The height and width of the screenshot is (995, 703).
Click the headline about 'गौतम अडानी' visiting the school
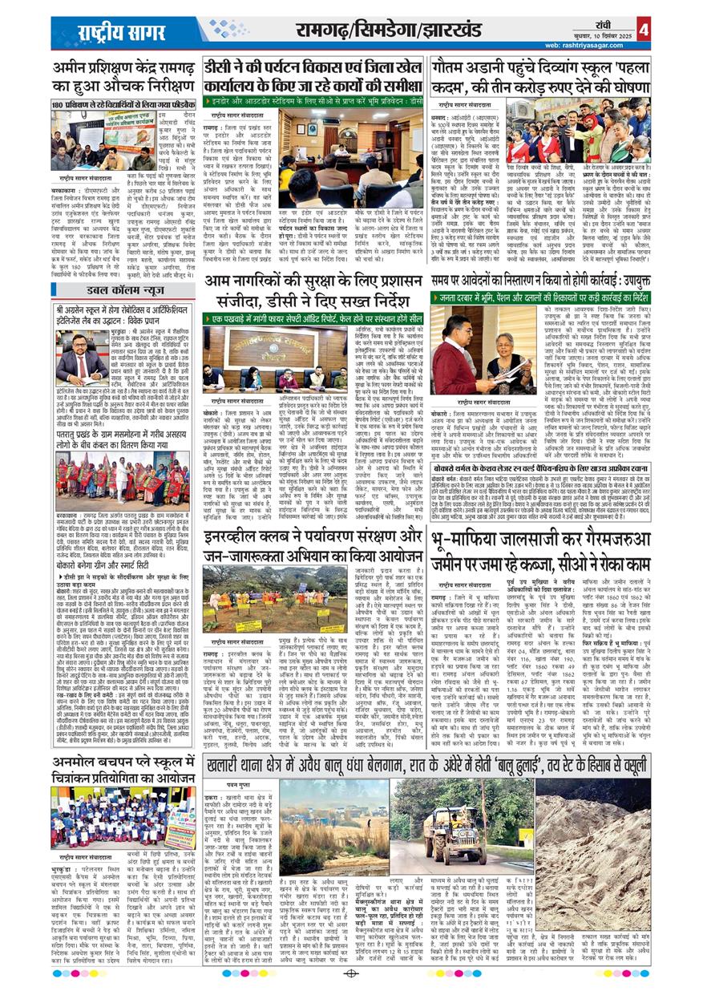click(540, 76)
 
